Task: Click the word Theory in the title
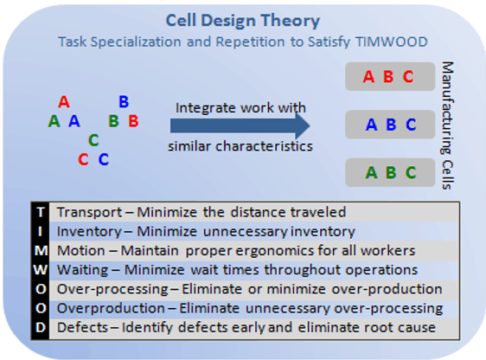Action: (x=290, y=21)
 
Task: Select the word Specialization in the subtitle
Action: (x=136, y=42)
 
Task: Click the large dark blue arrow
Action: (x=240, y=125)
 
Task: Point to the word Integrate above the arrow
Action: (x=206, y=108)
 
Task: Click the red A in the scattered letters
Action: (x=64, y=102)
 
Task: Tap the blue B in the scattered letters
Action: (x=124, y=102)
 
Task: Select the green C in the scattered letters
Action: (x=93, y=140)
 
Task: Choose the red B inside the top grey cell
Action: (x=388, y=77)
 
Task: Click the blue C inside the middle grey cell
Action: (x=411, y=125)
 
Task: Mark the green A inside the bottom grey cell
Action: (x=371, y=173)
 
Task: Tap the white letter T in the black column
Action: (x=41, y=212)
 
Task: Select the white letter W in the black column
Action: (x=41, y=270)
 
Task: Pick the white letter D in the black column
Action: (x=41, y=327)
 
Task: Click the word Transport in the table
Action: (x=89, y=213)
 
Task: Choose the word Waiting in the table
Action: (x=82, y=270)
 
